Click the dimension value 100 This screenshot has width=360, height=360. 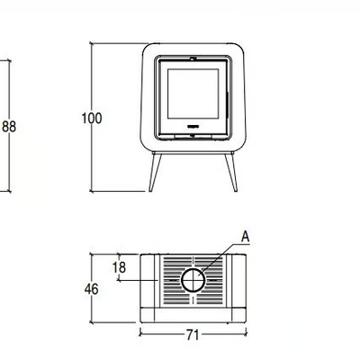92,118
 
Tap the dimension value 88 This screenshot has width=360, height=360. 9,127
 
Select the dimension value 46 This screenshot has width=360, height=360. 91,289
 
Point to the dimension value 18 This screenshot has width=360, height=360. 119,267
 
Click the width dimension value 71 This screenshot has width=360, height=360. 193,335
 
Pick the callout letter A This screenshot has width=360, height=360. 246,237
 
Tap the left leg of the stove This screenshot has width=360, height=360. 155,172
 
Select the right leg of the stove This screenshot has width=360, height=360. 231,172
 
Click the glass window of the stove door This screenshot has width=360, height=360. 193,94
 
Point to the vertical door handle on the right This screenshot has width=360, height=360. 228,103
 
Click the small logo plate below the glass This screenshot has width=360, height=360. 193,126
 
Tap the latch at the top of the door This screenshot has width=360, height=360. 193,58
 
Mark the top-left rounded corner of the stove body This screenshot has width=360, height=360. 147,48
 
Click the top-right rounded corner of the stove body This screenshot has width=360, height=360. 240,48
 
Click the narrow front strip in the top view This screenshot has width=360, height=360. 193,315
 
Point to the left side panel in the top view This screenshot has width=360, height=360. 149,281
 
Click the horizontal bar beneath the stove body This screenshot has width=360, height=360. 193,153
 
